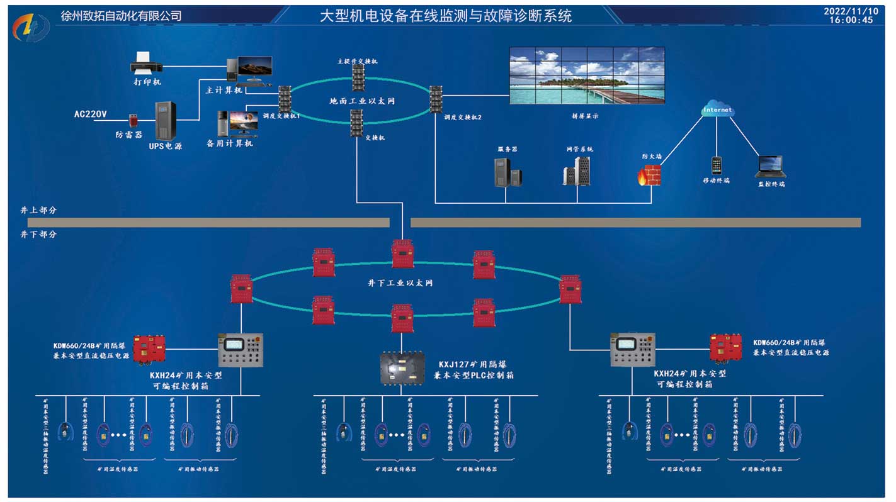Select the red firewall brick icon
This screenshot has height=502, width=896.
pyautogui.click(x=649, y=174)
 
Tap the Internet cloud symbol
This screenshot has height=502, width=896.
pyautogui.click(x=718, y=109)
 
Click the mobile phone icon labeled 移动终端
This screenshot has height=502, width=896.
pyautogui.click(x=717, y=165)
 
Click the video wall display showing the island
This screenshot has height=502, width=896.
pyautogui.click(x=586, y=75)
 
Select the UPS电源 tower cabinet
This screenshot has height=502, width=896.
pyautogui.click(x=166, y=121)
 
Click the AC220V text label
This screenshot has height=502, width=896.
pyautogui.click(x=91, y=114)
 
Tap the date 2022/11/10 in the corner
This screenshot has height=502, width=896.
pyautogui.click(x=851, y=11)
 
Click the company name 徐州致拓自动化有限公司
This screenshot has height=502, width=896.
pyautogui.click(x=122, y=16)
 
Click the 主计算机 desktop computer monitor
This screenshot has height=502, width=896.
pyautogui.click(x=254, y=67)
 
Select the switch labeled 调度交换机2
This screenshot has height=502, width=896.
pyautogui.click(x=436, y=99)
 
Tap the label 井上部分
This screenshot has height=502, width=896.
pyautogui.click(x=38, y=210)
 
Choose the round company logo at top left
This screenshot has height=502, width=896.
pyautogui.click(x=31, y=26)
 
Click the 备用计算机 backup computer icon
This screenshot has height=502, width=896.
pyautogui.click(x=236, y=123)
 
